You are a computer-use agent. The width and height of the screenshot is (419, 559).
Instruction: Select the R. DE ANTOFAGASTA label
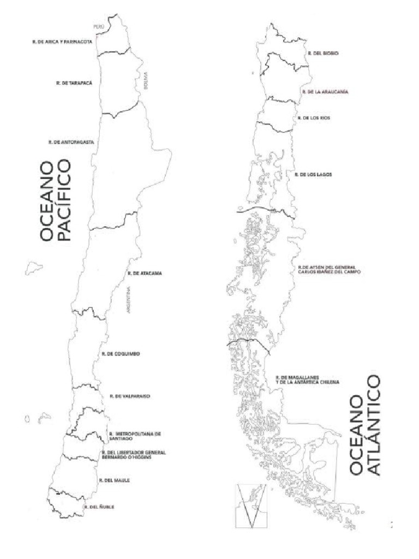(71, 142)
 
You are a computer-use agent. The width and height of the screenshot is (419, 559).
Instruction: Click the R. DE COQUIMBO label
(121, 354)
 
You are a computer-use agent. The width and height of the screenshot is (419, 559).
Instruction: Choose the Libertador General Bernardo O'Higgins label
(133, 455)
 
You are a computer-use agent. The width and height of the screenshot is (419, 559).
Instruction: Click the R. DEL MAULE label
(113, 480)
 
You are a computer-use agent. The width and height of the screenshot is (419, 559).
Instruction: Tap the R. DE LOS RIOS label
(314, 118)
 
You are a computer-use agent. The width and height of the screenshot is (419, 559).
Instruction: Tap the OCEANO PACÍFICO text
(56, 200)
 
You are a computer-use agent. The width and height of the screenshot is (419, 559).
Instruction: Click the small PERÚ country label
(99, 26)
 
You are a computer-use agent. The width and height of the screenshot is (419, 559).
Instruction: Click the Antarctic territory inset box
(250, 506)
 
